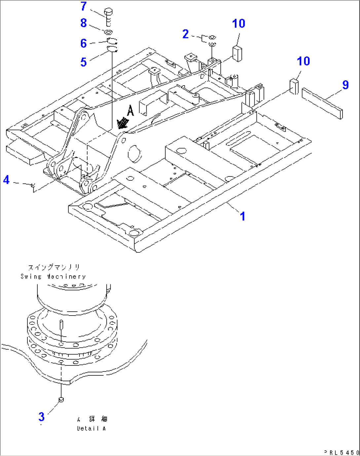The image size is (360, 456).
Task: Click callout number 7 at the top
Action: [x=84, y=6]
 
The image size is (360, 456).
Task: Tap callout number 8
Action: [x=84, y=23]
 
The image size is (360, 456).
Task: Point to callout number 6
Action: [x=84, y=43]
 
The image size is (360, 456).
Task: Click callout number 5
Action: [x=84, y=62]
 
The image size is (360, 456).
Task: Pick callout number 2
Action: [x=186, y=34]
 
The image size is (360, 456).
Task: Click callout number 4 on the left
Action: [x=6, y=180]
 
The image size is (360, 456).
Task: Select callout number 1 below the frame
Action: [x=243, y=216]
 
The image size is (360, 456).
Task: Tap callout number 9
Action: [x=345, y=85]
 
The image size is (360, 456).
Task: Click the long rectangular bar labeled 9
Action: [x=322, y=103]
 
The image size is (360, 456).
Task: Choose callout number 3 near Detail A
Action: [x=41, y=417]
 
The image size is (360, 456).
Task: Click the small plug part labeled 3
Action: [x=61, y=400]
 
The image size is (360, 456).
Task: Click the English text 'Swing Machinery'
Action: [x=53, y=277]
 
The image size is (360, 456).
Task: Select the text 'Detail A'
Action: [x=91, y=429]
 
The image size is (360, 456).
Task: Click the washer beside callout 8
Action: [x=108, y=32]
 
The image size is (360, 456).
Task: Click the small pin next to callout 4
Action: [x=33, y=185]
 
